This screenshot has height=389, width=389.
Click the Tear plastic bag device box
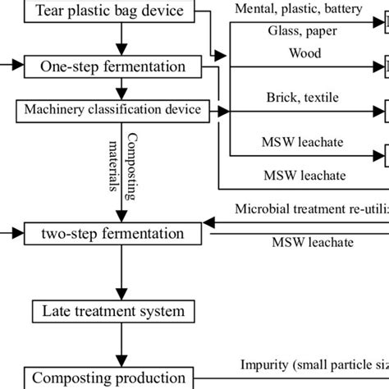coord(120,11)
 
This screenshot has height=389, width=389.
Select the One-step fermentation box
coord(120,66)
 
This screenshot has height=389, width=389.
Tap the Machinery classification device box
coord(120,110)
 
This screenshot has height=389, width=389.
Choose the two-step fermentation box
coord(120,234)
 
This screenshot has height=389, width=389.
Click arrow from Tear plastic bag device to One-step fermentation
coord(121,39)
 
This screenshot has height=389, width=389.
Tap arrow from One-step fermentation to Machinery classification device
coord(121,89)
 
